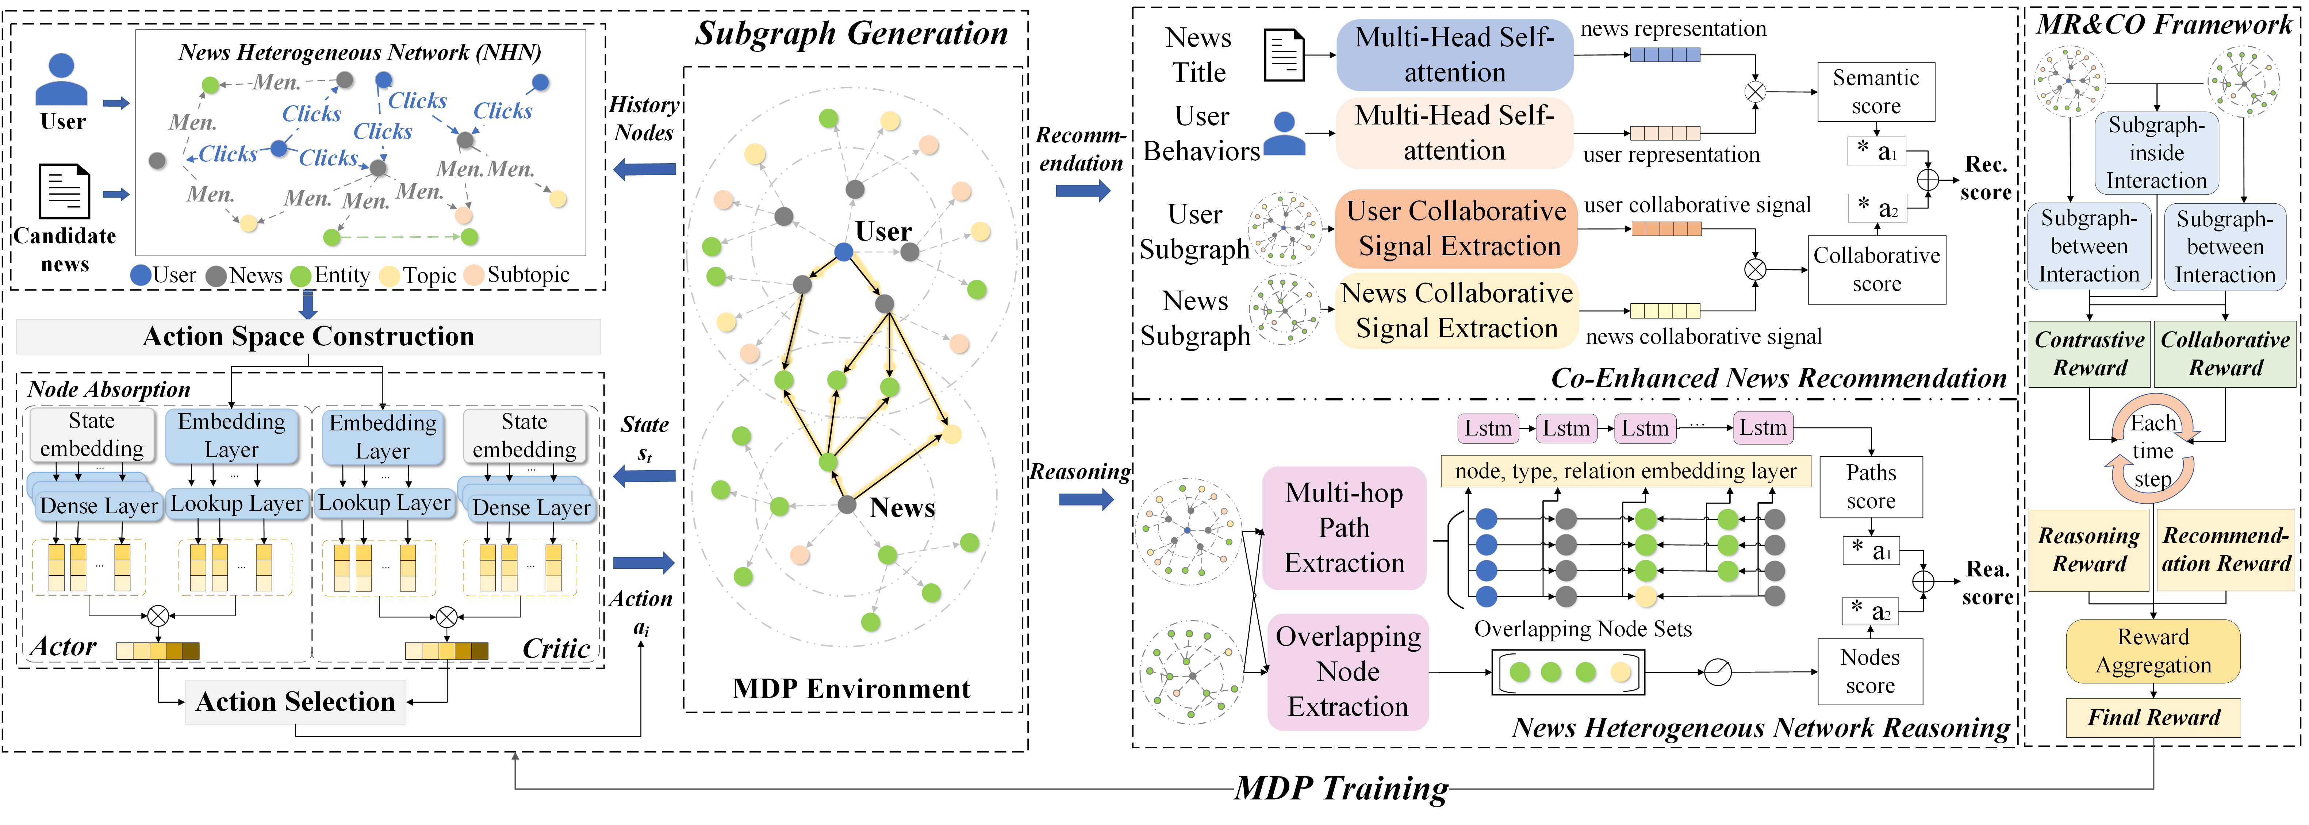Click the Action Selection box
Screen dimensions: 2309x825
coord(296,701)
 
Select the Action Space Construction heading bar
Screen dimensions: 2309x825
coord(308,336)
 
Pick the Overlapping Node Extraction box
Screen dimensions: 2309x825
coord(1347,671)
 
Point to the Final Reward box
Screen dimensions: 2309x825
coord(2153,717)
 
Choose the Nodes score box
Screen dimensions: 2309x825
coord(1870,671)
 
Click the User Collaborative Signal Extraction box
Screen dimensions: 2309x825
coord(1457,229)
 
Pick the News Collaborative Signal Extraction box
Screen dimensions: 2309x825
coord(1457,311)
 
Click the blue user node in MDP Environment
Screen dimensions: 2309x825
coord(843,252)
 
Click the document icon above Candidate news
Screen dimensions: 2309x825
coord(65,191)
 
